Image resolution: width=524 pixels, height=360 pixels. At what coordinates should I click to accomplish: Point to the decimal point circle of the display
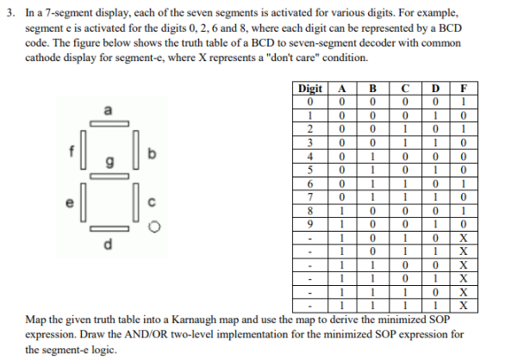[153, 228]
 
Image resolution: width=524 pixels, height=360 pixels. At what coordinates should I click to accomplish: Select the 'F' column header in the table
[464, 88]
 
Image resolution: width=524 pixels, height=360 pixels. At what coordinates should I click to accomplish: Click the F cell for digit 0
[464, 101]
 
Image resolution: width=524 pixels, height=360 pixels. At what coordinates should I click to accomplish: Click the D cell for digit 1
[435, 114]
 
